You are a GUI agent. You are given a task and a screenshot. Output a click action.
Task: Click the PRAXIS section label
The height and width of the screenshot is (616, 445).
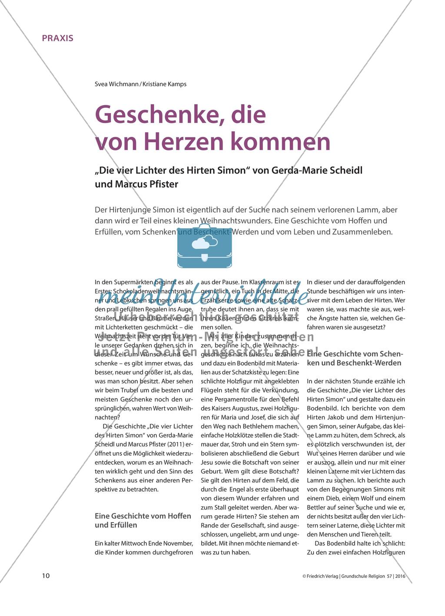57,38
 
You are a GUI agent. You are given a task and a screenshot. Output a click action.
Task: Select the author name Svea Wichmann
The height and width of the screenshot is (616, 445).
114,84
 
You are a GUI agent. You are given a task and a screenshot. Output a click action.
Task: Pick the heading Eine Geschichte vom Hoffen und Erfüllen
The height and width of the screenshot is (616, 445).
143,520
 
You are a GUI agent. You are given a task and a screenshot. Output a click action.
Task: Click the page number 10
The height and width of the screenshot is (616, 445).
46,576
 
